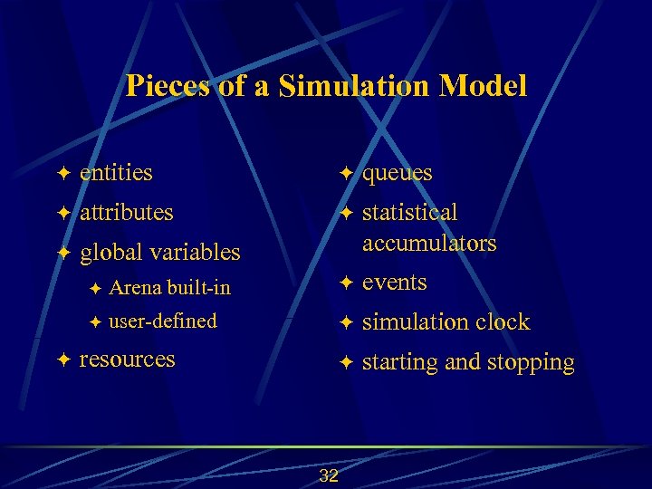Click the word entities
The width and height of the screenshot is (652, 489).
116,172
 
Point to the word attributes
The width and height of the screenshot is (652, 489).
126,213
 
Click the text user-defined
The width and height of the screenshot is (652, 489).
163,321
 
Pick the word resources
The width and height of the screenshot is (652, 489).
127,359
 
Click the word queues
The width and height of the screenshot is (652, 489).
398,173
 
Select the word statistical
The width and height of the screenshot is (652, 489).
410,213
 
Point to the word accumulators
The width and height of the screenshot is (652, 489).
429,243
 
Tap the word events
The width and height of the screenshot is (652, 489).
395,283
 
